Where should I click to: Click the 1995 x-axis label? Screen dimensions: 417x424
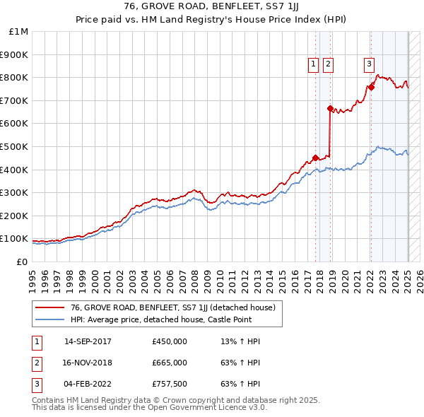(x=33, y=275)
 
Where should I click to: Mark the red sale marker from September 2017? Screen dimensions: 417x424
(x=315, y=158)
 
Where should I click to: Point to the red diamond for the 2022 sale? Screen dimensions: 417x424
(x=370, y=87)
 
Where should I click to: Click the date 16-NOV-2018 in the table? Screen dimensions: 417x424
(x=88, y=363)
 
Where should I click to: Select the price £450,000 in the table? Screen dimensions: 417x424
(x=170, y=342)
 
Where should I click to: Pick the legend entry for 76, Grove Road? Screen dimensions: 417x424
(x=167, y=307)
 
